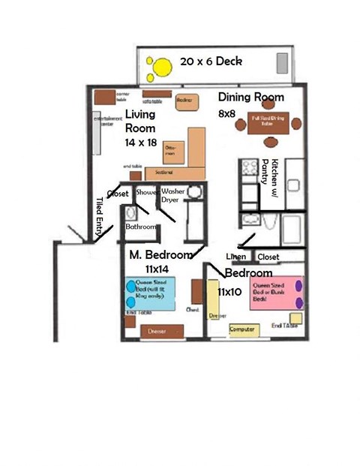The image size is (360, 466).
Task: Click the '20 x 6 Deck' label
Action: click(211, 62)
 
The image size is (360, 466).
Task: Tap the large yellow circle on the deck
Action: click(160, 71)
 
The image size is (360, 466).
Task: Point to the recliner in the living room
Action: click(185, 102)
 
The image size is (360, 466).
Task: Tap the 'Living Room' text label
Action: click(140, 122)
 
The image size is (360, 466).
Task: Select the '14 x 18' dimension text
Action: click(142, 140)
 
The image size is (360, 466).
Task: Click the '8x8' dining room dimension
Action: click(226, 113)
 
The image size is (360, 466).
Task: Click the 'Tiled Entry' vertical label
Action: click(100, 218)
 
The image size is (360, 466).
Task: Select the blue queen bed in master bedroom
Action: click(150, 290)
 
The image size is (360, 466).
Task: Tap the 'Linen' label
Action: click(237, 257)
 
